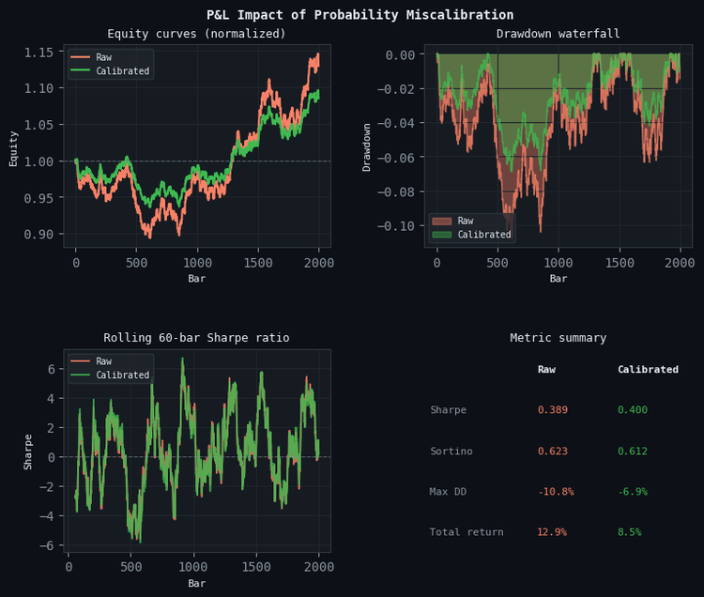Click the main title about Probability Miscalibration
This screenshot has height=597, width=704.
pyautogui.click(x=360, y=15)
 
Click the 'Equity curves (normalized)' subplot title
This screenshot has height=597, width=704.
pyautogui.click(x=196, y=34)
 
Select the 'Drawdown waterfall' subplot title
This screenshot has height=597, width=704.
pyautogui.click(x=558, y=34)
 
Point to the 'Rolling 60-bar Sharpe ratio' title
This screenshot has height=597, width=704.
pyautogui.click(x=196, y=338)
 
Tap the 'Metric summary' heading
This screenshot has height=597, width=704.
pyautogui.click(x=558, y=338)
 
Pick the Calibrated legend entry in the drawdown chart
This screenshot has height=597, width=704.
pyautogui.click(x=484, y=235)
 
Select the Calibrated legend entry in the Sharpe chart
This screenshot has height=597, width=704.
pyautogui.click(x=122, y=375)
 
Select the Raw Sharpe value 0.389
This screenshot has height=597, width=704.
pyautogui.click(x=552, y=410)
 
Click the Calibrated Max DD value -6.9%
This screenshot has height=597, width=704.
pyautogui.click(x=632, y=492)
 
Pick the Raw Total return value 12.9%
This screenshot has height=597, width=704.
pyautogui.click(x=552, y=532)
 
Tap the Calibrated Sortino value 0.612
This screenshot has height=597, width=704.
pyautogui.click(x=632, y=452)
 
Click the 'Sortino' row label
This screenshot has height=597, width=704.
pyautogui.click(x=451, y=452)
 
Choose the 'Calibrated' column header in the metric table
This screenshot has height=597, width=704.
pyautogui.click(x=647, y=370)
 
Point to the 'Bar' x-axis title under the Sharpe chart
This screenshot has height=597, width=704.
pyautogui.click(x=196, y=583)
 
